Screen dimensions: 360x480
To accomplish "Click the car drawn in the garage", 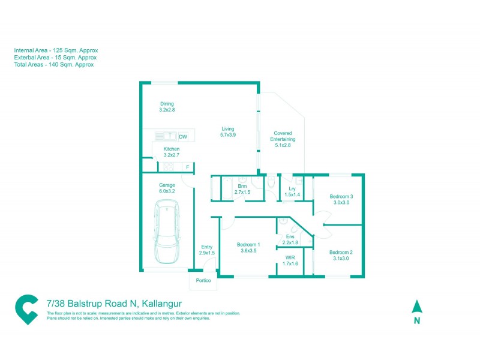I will [167, 232].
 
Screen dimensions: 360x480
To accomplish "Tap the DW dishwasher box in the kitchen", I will [183, 136].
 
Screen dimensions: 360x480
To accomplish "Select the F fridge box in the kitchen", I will [188, 167].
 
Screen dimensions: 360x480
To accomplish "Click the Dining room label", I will [167, 107].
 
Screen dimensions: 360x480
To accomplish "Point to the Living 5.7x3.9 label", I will [227, 132].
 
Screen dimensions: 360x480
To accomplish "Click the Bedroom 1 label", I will [248, 247].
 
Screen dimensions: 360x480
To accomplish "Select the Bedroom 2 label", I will [341, 256].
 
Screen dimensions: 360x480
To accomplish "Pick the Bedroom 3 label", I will [341, 200].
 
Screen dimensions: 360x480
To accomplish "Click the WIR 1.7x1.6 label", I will [290, 260].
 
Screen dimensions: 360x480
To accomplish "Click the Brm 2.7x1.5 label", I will [243, 189].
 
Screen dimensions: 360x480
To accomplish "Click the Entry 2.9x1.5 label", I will [207, 250].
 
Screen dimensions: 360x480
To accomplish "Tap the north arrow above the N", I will [417, 307].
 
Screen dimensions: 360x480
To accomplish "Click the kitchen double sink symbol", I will [164, 136].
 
